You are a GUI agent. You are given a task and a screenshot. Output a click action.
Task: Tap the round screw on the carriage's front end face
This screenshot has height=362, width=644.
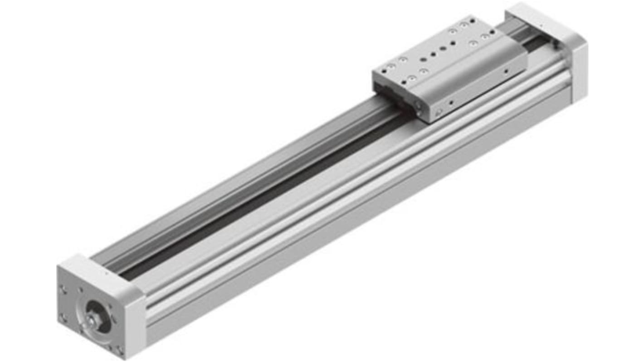click(x=439, y=113)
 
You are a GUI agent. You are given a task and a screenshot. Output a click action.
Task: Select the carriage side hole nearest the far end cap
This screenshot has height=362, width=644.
click(x=506, y=71)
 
